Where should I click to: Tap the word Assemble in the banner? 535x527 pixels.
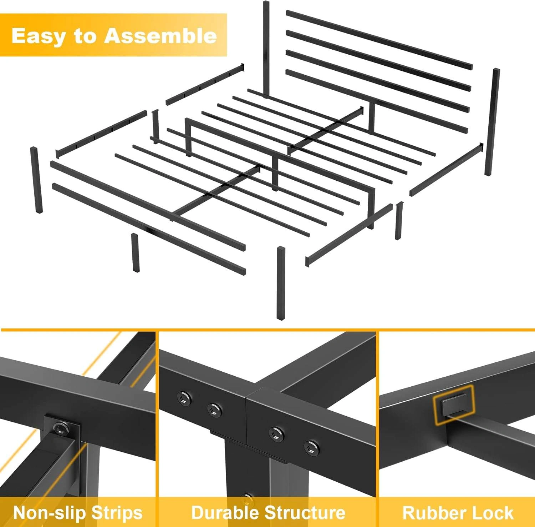coord(160,35)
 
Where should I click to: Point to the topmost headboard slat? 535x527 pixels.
coord(379,40)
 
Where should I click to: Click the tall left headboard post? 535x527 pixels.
coord(266,49)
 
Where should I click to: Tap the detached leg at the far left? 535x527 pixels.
coord(36,180)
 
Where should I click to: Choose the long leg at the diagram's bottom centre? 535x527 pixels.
coord(281,283)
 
